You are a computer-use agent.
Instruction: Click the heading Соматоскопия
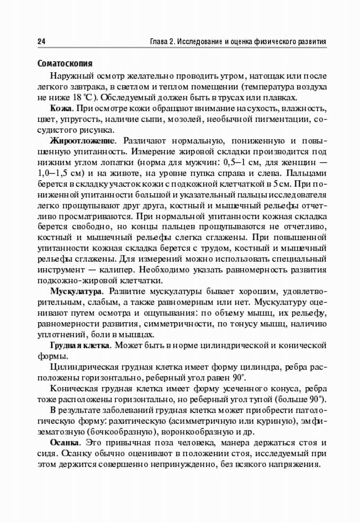(65, 63)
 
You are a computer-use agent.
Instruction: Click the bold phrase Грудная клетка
(80, 345)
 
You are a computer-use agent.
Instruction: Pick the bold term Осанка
(63, 443)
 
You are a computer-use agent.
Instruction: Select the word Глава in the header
(158, 42)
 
